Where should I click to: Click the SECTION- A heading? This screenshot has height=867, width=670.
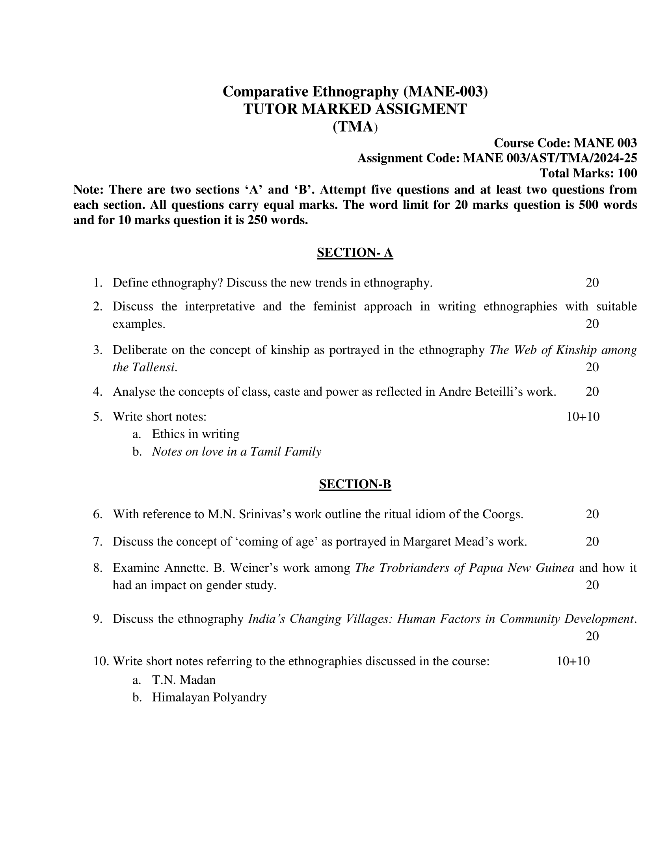point(355,253)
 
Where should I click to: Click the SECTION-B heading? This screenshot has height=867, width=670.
point(355,484)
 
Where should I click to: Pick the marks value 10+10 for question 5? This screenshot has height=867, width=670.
point(583,417)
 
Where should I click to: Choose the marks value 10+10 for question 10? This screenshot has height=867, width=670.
point(573,661)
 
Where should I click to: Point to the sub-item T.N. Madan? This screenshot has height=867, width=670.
point(183,680)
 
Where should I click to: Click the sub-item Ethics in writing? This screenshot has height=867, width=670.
point(196,434)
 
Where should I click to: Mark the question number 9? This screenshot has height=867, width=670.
point(98,619)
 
